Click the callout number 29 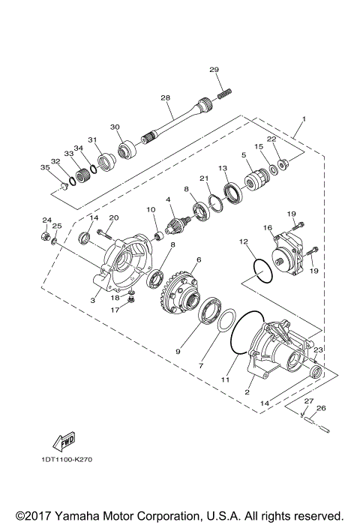pos(214,70)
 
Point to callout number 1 pos(304,119)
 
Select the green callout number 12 pos(243,242)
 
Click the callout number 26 pos(322,409)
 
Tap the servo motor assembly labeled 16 pos(289,252)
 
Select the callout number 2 pos(247,391)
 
